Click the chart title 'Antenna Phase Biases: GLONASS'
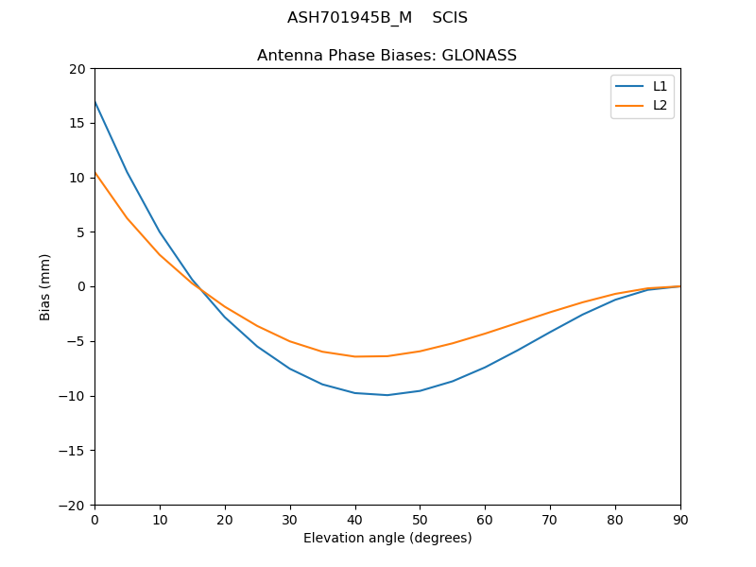[x=387, y=56]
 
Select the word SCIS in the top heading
[x=450, y=18]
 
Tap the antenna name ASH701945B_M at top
[x=350, y=18]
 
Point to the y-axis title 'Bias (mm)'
[x=45, y=286]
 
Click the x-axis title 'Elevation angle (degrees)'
[x=387, y=538]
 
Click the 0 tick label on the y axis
[x=82, y=286]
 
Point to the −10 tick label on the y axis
[x=74, y=396]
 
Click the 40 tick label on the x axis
[x=355, y=520]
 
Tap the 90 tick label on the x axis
[x=680, y=520]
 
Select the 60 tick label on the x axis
[x=485, y=520]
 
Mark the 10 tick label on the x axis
[x=160, y=520]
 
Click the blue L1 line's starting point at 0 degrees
[x=95, y=101]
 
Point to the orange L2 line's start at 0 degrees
[x=95, y=172]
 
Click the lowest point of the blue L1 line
[x=387, y=395]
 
